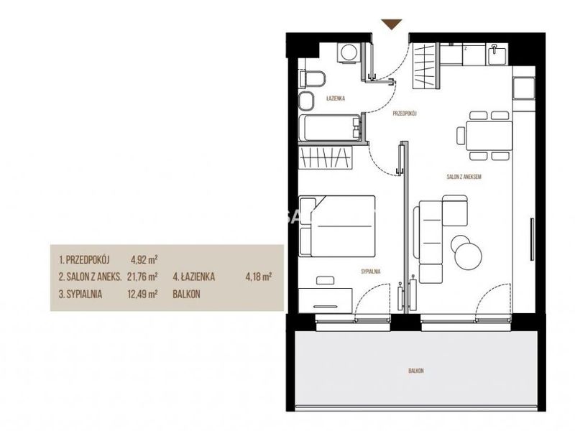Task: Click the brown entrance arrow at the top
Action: (392, 24)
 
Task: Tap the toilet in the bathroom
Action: (312, 78)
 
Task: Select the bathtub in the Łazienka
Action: (330, 128)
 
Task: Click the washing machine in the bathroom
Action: (349, 53)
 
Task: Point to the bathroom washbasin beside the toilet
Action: (306, 101)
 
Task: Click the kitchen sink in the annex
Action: (497, 55)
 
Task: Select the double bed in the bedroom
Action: (337, 226)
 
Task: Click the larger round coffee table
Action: (469, 256)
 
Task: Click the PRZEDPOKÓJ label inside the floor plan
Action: (405, 113)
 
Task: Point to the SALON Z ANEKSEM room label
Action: (464, 177)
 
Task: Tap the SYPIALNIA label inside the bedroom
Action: (371, 272)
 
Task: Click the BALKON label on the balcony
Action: (416, 371)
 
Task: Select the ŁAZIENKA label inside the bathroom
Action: (336, 98)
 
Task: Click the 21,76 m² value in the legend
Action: (142, 277)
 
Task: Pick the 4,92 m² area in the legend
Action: (144, 260)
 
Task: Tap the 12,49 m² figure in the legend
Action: (142, 294)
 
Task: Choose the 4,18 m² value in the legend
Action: (259, 277)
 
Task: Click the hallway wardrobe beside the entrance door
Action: (425, 65)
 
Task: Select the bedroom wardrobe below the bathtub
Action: (326, 157)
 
